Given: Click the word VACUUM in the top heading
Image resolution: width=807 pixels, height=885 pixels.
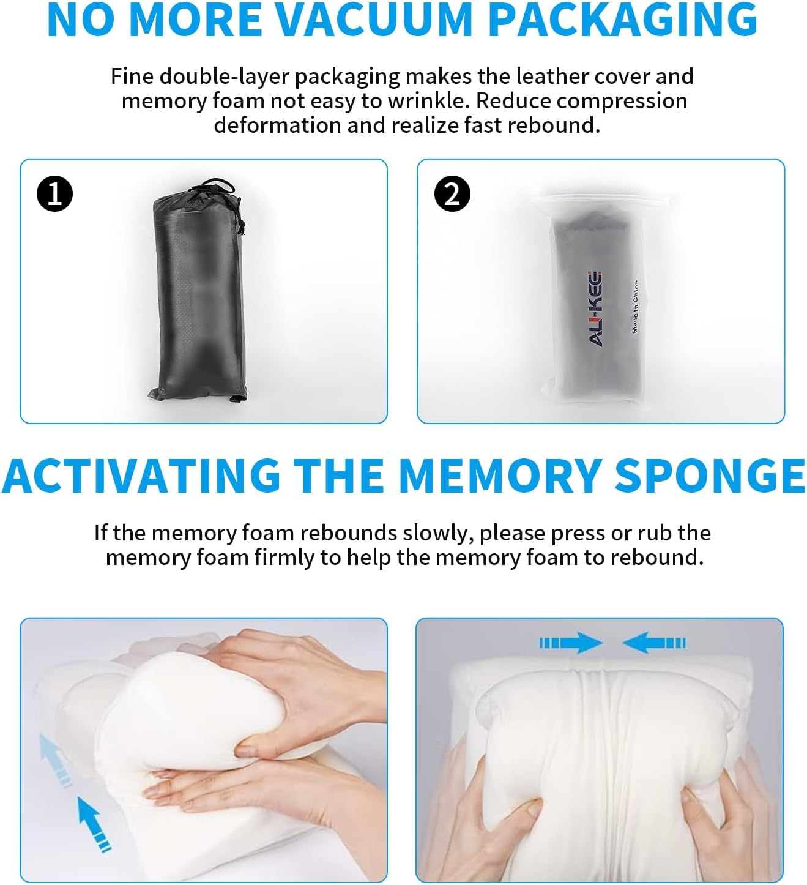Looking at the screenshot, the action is (x=378, y=20).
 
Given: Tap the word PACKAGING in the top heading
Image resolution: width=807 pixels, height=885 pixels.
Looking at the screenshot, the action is (x=623, y=20).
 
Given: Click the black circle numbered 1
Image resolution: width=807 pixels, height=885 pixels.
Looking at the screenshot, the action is (x=54, y=193).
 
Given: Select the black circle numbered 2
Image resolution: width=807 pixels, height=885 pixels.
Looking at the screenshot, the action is (x=452, y=193).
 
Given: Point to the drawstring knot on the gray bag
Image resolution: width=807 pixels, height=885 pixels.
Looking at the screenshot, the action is (x=241, y=226).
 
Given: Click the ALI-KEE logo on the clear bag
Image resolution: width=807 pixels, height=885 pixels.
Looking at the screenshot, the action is (x=595, y=308).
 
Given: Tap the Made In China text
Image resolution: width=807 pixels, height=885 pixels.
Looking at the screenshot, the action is (x=635, y=306).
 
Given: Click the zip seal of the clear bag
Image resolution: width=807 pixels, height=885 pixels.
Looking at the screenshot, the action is (x=603, y=200).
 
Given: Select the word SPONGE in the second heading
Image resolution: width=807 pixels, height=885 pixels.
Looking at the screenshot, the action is (x=710, y=476).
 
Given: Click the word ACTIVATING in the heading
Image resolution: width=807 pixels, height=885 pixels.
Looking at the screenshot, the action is (x=141, y=476).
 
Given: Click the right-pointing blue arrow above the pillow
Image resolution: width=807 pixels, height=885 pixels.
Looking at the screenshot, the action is (x=571, y=643).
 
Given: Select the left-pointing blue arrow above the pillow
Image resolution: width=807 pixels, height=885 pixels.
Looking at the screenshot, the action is (x=654, y=643).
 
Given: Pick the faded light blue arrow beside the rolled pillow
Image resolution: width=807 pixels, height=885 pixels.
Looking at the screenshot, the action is (x=56, y=760).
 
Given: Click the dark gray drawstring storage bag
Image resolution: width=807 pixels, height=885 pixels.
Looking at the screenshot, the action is (x=199, y=291).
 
